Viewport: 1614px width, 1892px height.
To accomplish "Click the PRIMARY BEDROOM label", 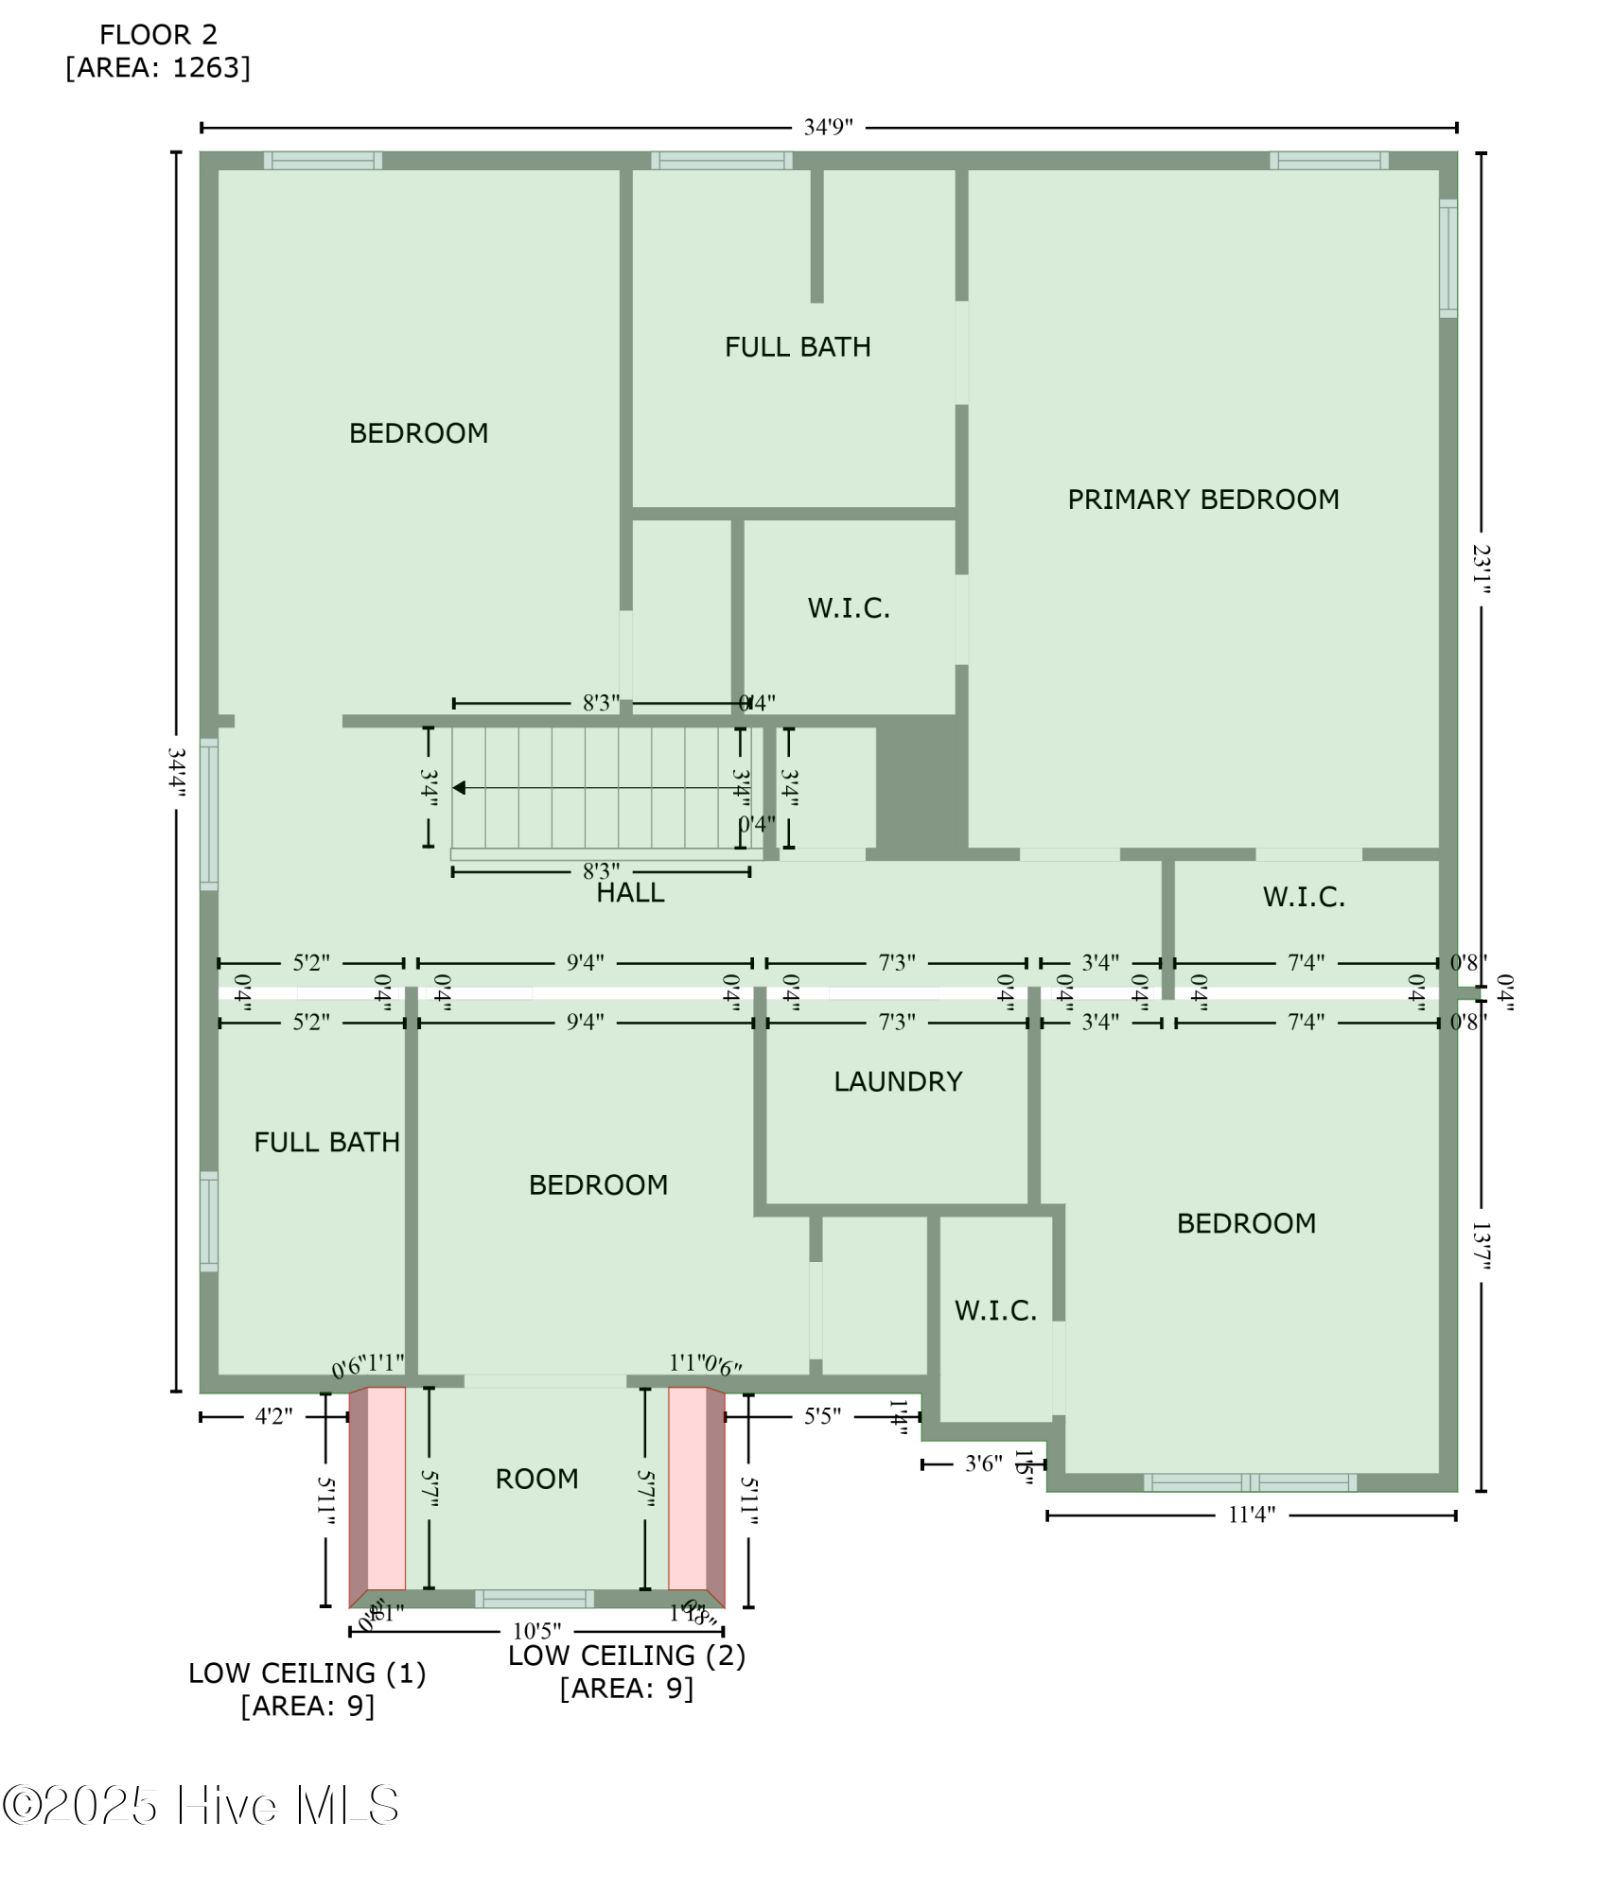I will (1202, 499).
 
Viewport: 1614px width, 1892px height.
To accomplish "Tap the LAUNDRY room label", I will (898, 1081).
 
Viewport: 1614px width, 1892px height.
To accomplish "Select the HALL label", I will (630, 893).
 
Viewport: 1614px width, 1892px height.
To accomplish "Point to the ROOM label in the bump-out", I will (536, 1479).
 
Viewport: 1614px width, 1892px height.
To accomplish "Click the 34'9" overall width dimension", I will (828, 127).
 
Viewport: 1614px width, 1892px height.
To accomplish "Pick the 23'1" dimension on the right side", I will (1481, 569).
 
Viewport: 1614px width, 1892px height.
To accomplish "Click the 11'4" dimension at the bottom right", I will (1251, 1515).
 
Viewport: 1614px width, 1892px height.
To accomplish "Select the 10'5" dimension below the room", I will (536, 1631).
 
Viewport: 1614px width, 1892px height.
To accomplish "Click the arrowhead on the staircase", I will (459, 788).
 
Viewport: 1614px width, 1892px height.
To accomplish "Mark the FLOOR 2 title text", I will (158, 35).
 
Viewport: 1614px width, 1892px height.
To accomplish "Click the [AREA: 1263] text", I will (158, 68).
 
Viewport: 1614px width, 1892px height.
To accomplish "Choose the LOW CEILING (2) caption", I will (626, 1655).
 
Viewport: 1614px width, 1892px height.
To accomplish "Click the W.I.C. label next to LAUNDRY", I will (995, 1310).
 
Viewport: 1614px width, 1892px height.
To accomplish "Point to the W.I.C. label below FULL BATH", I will (849, 608).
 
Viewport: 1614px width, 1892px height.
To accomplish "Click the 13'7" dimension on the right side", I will (1481, 1247).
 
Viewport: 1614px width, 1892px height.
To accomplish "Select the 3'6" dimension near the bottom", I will (983, 1464).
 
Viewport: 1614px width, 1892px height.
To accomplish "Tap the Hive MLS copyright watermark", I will (201, 1806).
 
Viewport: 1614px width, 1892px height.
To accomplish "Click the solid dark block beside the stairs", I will (921, 785).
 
